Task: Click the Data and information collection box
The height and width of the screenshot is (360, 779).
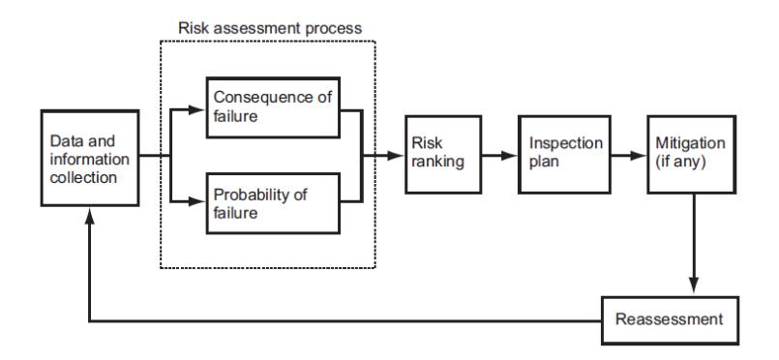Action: point(90,158)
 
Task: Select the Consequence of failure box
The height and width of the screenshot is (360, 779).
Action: point(273,107)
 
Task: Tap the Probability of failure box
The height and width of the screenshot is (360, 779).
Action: point(273,203)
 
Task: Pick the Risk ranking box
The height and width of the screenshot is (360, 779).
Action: point(443,155)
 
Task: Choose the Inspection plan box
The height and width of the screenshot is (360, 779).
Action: point(564,155)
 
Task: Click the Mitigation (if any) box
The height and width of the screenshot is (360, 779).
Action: point(692,155)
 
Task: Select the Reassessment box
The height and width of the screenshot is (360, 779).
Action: point(670,320)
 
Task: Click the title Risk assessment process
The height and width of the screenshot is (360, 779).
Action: point(270,28)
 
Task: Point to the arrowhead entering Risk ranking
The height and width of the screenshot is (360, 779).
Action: point(396,156)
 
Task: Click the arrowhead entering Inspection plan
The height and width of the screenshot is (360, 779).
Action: point(509,156)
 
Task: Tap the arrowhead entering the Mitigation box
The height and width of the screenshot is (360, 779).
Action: point(639,156)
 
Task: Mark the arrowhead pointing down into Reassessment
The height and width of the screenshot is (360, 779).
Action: point(694,286)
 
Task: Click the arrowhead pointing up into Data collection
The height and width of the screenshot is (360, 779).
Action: point(89,216)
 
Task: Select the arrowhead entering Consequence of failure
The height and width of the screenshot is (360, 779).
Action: point(197,109)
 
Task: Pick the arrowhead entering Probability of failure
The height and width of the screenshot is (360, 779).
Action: point(197,201)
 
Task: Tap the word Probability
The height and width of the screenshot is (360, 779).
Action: point(251,195)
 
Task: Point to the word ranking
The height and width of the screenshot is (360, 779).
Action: point(437,162)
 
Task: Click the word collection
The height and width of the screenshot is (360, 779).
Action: point(83,177)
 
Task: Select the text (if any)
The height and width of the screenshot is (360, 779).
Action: point(680,162)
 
